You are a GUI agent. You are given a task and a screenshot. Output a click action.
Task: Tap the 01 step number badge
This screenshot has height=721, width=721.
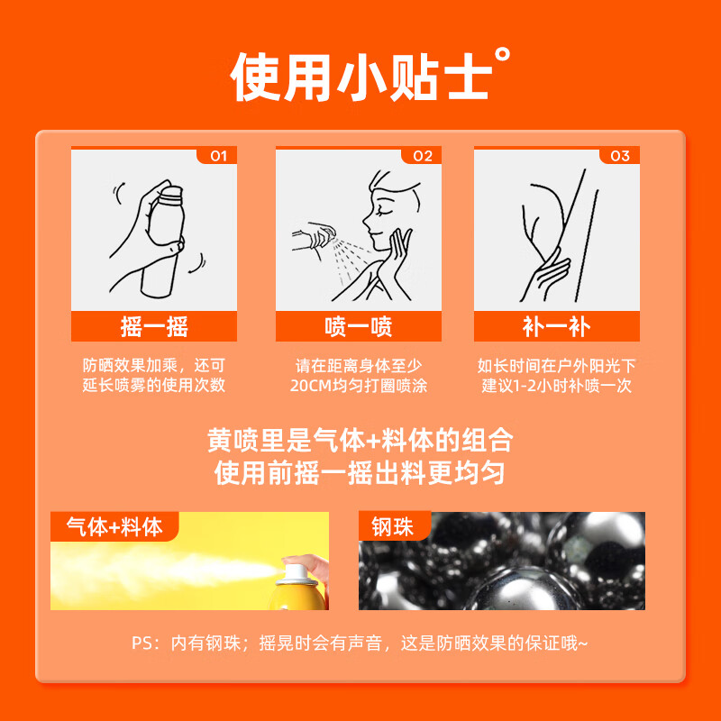216,156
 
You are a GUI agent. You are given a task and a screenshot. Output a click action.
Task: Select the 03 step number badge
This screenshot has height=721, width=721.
620,156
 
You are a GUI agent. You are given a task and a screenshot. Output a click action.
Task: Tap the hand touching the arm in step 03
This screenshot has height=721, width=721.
550,270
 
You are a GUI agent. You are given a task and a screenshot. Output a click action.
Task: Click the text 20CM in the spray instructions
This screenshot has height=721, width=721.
311,386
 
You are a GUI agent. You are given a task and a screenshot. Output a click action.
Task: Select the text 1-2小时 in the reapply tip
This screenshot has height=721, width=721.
535,386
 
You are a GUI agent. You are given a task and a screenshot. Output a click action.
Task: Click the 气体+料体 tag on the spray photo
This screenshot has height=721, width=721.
114,526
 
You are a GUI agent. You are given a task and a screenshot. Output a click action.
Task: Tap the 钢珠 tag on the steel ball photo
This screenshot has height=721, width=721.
392,526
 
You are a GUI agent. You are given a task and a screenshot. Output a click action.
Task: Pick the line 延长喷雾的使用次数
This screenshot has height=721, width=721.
154,386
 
